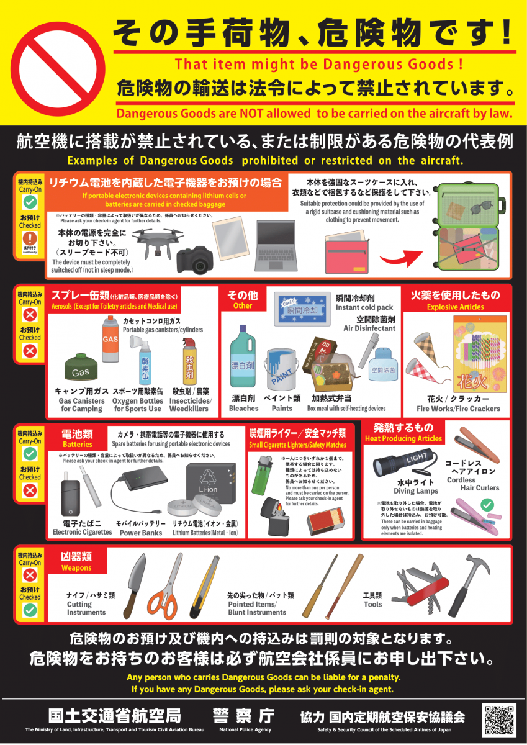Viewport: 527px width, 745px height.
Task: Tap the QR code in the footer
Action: (x=498, y=720)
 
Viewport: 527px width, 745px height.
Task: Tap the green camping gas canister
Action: (x=81, y=370)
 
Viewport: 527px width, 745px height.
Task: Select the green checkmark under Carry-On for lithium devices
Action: (x=30, y=202)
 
